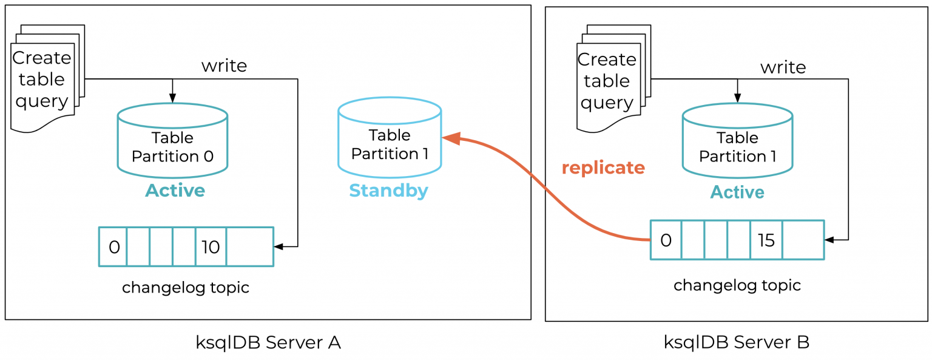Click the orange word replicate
[x=603, y=168]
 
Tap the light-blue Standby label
[x=388, y=191]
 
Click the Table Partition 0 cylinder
[x=172, y=146]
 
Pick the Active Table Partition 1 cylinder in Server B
[x=737, y=146]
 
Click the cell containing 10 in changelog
[x=211, y=247]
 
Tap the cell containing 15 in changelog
[x=766, y=240]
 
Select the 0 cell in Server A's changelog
[x=113, y=247]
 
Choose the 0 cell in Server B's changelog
[x=666, y=240]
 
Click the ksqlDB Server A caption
[x=268, y=342]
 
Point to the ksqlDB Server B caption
[x=736, y=342]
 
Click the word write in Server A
[x=224, y=66]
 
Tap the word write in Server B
[x=783, y=67]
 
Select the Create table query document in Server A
[x=42, y=79]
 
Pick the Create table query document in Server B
[x=607, y=80]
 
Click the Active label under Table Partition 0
[x=175, y=191]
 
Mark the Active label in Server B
[x=737, y=192]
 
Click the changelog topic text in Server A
[x=186, y=287]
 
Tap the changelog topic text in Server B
[x=737, y=285]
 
